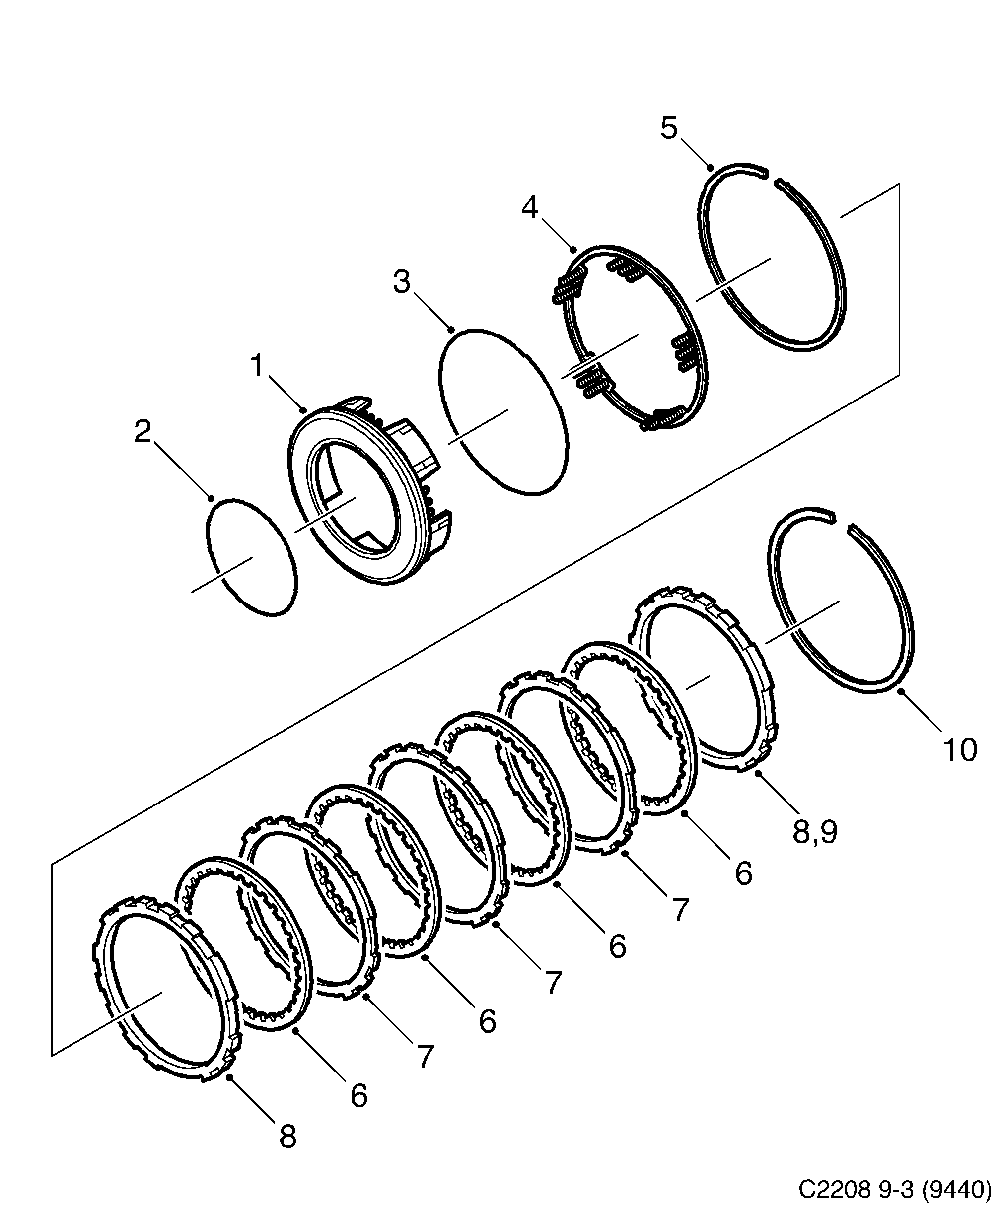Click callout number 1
pos(256,366)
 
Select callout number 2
pos(143,432)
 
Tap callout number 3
pos(402,282)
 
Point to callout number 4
pos(529,208)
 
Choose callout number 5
pos(669,128)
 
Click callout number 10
pos(960,750)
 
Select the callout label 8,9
pos(815,832)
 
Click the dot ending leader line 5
pos(710,168)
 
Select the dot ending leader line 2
pos(211,498)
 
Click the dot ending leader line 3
pos(452,330)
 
